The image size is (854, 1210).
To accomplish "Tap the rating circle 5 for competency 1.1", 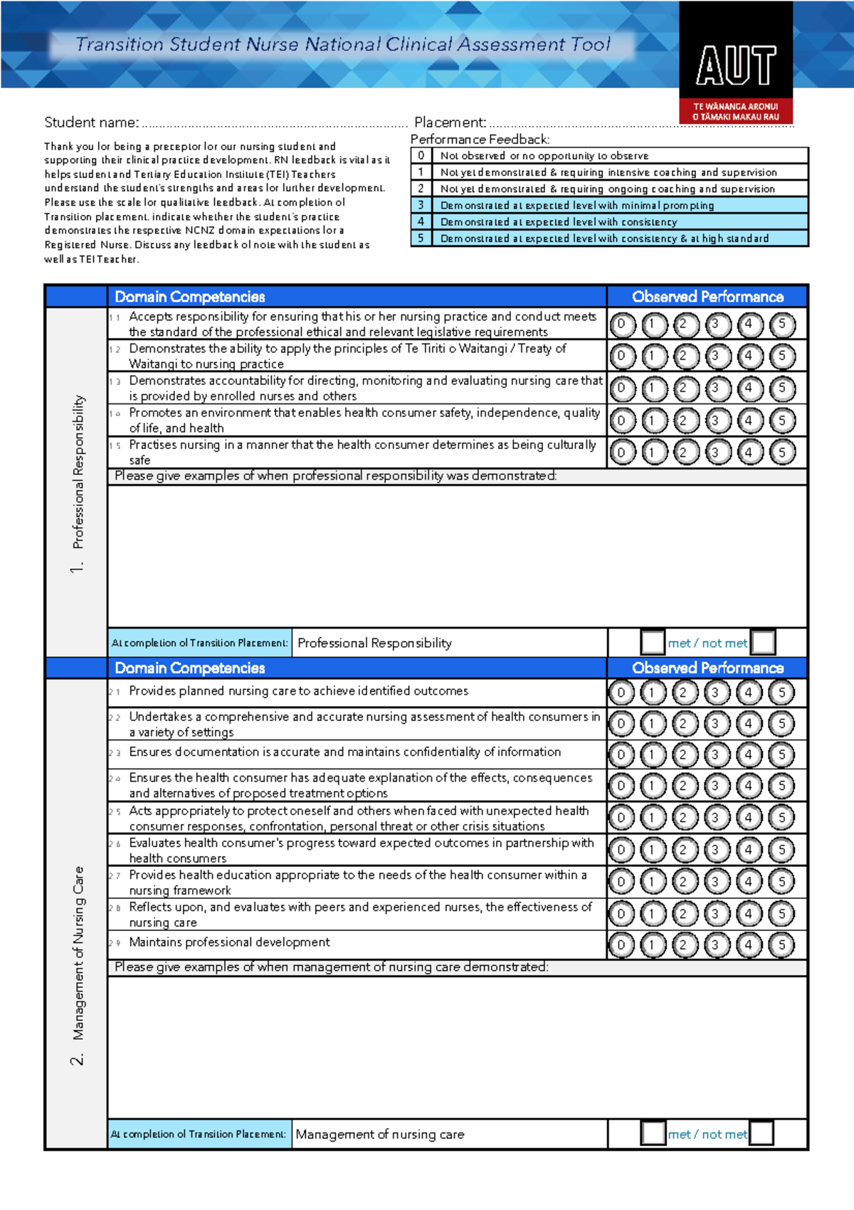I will click(x=781, y=325).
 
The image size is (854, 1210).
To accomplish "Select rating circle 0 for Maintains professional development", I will click(x=621, y=945).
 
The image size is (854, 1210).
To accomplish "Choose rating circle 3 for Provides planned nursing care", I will click(x=716, y=692).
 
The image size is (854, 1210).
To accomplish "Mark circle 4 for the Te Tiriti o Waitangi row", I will click(x=749, y=356).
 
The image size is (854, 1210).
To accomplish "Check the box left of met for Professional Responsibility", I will click(x=653, y=642).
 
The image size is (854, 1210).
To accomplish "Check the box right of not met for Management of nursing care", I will click(x=761, y=1133).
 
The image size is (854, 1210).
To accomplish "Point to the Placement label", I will click(x=450, y=122).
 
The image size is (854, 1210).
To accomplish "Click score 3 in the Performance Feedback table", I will click(x=421, y=205).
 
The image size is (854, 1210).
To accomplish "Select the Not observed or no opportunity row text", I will click(x=544, y=156).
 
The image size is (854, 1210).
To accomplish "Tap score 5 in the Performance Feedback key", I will click(x=421, y=238).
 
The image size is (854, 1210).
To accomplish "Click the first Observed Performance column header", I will click(x=707, y=297).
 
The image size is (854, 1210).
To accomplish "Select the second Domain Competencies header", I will click(x=190, y=668).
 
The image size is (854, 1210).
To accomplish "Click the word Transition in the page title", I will click(x=119, y=45).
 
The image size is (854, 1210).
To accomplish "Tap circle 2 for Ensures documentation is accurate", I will click(x=684, y=754).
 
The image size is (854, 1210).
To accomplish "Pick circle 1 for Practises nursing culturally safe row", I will click(x=653, y=452).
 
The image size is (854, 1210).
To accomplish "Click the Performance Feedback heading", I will click(x=480, y=140).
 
